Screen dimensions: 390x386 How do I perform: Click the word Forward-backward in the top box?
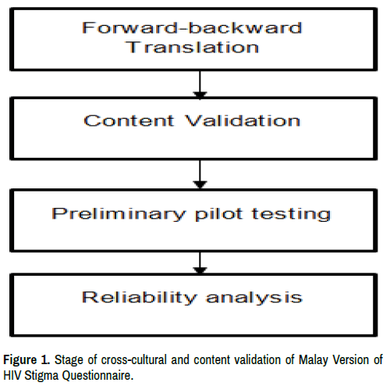tap(192, 27)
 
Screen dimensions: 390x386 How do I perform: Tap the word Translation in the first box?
tap(193, 48)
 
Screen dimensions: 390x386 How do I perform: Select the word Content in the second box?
tap(129, 120)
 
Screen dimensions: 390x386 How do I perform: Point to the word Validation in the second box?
tap(243, 120)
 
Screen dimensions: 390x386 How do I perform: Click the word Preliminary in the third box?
tap(119, 214)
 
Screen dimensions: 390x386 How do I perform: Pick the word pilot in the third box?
tap(219, 214)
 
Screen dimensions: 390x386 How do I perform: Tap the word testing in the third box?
tap(291, 214)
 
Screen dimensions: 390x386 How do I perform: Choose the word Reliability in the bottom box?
tap(140, 297)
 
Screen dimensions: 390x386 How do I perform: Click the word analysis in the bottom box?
tap(254, 298)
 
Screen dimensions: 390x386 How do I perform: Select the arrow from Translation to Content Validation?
tap(200, 84)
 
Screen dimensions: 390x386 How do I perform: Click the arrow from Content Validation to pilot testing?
tap(200, 174)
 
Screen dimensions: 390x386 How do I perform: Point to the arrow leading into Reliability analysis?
tap(200, 263)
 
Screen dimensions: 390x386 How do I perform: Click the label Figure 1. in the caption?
tap(27, 360)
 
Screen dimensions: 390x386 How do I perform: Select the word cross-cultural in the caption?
tap(134, 360)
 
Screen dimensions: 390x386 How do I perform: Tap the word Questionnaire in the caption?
tap(97, 376)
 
